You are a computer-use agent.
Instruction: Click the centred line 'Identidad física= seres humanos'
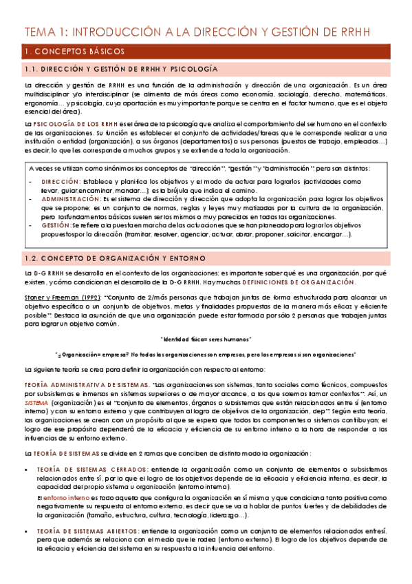pyautogui.click(x=205, y=339)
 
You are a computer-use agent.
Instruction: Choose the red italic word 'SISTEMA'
pyautogui.click(x=37, y=402)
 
